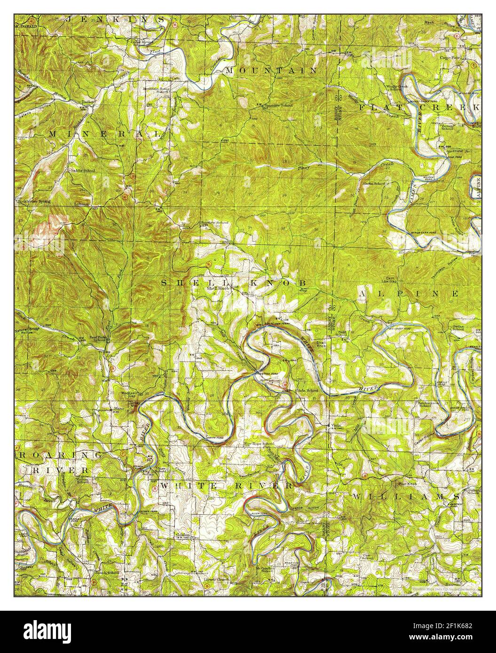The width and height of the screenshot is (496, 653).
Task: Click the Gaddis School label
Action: click(83, 171)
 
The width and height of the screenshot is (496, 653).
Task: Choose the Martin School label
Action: click(374, 184)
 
